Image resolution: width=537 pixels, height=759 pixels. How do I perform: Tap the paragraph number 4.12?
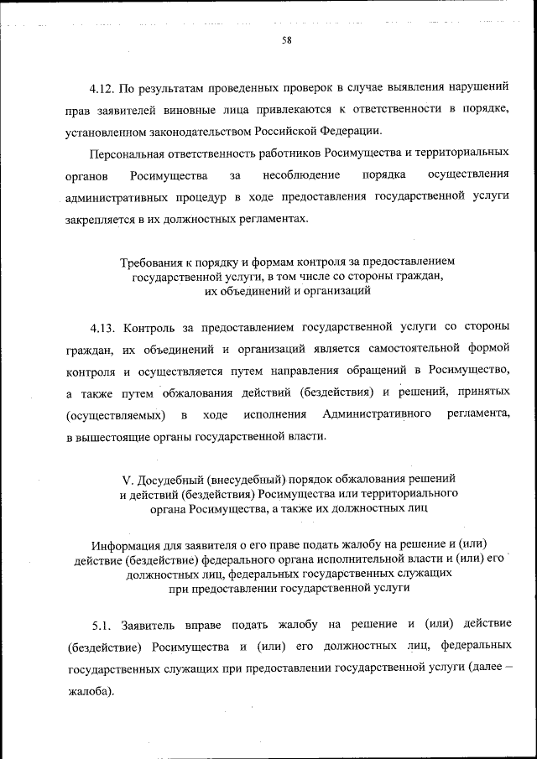click(x=102, y=87)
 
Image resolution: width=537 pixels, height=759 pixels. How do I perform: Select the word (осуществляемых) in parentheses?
click(x=114, y=415)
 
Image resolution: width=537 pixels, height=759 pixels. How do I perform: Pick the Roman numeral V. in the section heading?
click(x=128, y=480)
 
